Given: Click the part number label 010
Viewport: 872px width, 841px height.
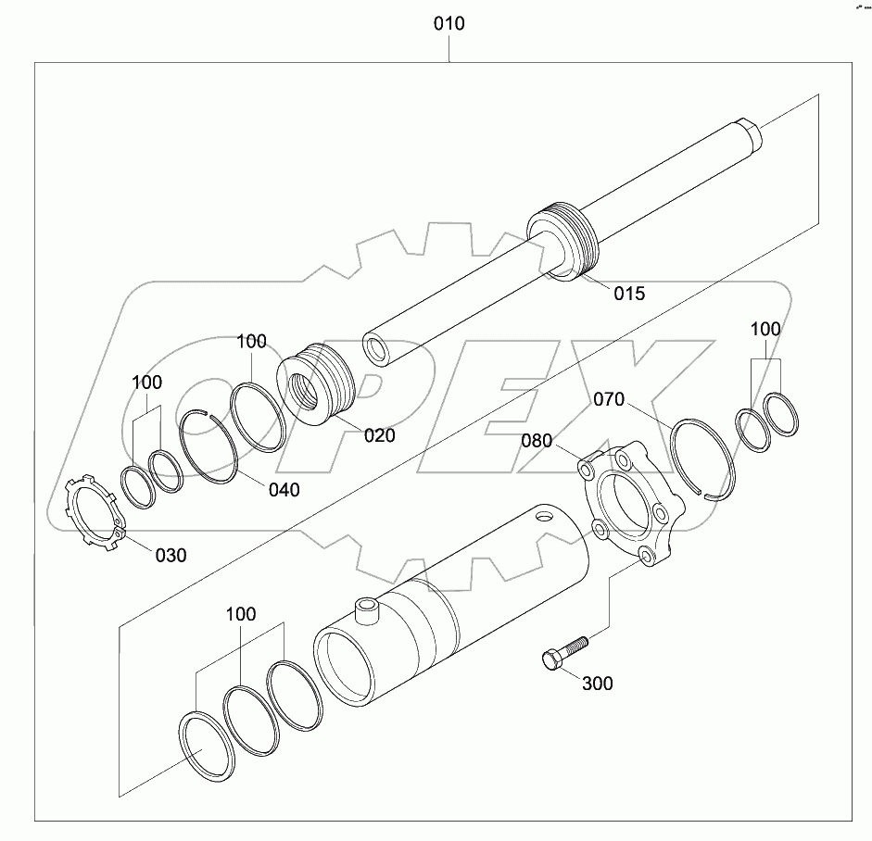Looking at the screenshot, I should [x=449, y=23].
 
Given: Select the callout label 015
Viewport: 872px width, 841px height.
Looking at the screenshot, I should [x=629, y=294].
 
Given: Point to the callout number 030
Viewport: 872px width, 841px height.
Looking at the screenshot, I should [x=170, y=555].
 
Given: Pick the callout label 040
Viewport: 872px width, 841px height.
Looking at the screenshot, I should [x=284, y=490].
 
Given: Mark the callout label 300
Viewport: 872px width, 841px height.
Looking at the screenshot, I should [x=597, y=684].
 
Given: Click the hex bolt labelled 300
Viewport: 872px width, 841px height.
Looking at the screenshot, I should [x=562, y=650].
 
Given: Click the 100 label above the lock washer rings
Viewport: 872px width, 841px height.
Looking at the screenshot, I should [x=146, y=383].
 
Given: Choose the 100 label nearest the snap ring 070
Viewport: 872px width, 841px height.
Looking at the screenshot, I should [x=765, y=329].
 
